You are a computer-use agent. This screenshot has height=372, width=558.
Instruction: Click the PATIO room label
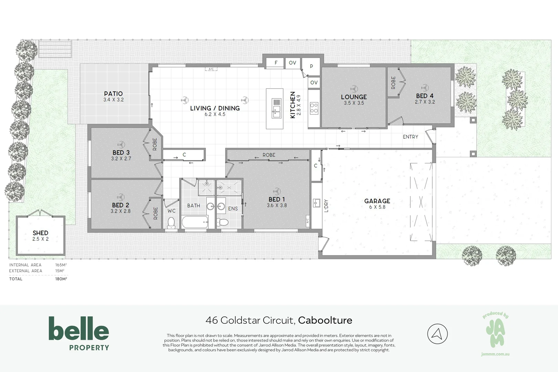pyautogui.click(x=113, y=94)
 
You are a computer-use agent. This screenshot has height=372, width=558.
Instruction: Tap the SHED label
pyautogui.click(x=40, y=233)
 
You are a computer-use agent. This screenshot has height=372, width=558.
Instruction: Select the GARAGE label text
pyautogui.click(x=377, y=201)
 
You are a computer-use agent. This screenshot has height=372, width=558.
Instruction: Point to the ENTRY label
pyautogui.click(x=410, y=137)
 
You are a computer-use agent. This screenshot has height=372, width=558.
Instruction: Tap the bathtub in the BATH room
pyautogui.click(x=195, y=222)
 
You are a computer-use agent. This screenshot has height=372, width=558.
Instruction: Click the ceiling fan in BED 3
pyautogui.click(x=121, y=144)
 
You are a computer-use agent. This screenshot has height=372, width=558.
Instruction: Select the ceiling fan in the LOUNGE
pyautogui.click(x=354, y=89)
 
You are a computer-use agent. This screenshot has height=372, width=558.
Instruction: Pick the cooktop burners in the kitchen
pyautogui.click(x=314, y=108)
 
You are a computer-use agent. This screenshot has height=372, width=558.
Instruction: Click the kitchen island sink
pyautogui.click(x=276, y=108)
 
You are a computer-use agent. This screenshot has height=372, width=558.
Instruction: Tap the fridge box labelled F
pyautogui.click(x=276, y=63)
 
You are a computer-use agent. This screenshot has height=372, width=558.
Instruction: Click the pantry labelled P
pyautogui.click(x=311, y=66)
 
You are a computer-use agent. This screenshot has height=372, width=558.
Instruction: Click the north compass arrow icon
pyautogui.click(x=437, y=334)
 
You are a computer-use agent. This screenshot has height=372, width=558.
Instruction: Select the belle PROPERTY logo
pyautogui.click(x=79, y=333)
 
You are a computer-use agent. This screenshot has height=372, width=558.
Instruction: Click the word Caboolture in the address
pyautogui.click(x=325, y=320)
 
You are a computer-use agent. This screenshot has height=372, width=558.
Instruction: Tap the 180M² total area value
pyautogui.click(x=61, y=279)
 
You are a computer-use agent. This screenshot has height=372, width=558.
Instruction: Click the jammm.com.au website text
pyautogui.click(x=495, y=354)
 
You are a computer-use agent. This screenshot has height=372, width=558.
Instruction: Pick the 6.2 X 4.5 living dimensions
pyautogui.click(x=215, y=114)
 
